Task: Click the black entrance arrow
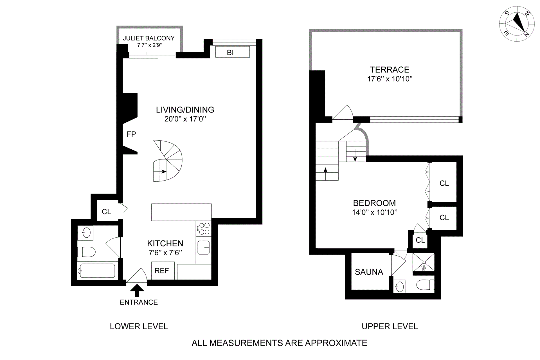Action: (137, 291)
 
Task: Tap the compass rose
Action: (517, 24)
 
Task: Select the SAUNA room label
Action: (369, 272)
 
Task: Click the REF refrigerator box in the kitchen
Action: (163, 271)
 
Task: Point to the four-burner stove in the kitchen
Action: (204, 229)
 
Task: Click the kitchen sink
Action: (203, 247)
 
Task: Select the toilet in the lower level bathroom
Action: (86, 252)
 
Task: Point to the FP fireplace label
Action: (131, 134)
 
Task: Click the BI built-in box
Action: (232, 52)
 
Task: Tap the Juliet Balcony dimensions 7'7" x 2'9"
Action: (149, 45)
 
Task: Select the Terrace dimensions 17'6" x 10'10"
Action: (390, 79)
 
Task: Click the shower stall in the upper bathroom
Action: (424, 262)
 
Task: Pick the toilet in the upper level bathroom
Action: (425, 285)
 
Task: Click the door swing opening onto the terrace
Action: (343, 112)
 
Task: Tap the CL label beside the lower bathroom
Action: (107, 211)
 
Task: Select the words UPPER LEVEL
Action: (390, 326)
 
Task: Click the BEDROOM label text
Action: (374, 203)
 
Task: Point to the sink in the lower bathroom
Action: (86, 233)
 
